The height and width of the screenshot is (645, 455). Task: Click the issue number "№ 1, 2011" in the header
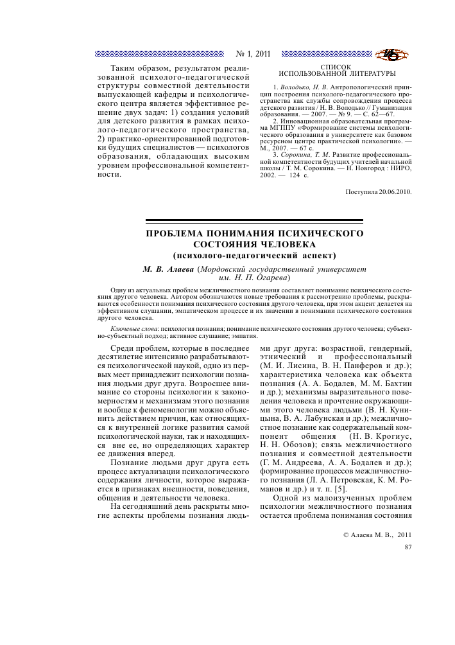coord(253,54)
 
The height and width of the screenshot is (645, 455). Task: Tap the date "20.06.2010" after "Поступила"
coord(391,191)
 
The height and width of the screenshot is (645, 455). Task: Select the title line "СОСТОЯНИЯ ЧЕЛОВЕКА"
coord(254,243)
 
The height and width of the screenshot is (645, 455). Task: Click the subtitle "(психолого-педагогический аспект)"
coord(254,255)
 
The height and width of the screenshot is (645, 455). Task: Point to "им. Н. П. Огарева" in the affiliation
coord(254,278)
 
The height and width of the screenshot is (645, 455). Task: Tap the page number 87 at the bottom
coord(408,547)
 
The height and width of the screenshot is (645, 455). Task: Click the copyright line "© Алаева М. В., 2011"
coord(377,534)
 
